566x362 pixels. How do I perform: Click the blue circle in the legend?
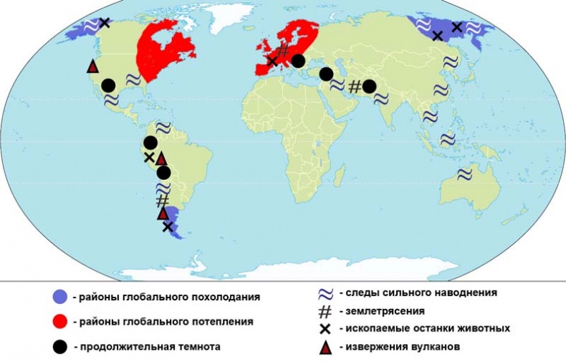click(61, 297)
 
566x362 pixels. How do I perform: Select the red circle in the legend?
click(61, 322)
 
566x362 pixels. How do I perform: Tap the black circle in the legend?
click(61, 346)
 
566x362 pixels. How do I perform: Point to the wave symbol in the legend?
click(324, 293)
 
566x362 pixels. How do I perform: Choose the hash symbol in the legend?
click(324, 311)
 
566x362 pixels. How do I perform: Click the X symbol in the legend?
click(325, 329)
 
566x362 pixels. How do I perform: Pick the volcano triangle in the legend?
click(325, 348)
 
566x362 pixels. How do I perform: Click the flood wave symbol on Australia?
click(464, 173)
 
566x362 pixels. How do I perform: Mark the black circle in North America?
click(108, 85)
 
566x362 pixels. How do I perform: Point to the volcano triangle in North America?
click(92, 67)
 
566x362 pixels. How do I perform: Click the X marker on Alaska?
click(105, 23)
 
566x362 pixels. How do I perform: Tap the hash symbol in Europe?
click(283, 50)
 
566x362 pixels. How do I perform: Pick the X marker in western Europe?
click(272, 61)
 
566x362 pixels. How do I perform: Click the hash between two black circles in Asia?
click(354, 87)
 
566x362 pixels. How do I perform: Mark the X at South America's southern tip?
click(168, 227)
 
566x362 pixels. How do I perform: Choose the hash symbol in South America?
click(163, 200)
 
